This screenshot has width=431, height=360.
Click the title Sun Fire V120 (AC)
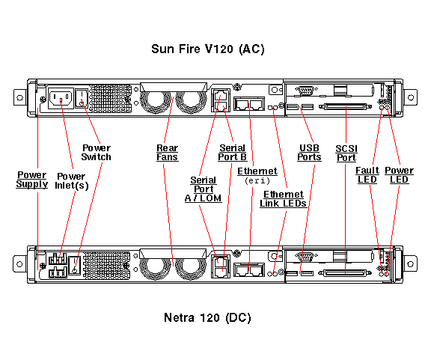point(208,49)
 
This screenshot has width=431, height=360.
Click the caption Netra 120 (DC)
point(207,317)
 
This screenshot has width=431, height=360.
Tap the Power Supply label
point(32,180)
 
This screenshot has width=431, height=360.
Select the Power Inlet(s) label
point(72,181)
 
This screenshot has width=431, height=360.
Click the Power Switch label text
point(97,153)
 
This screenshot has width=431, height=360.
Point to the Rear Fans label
point(167,153)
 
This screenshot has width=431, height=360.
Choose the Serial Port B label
point(232,153)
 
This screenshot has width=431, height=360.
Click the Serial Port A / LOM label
point(203,189)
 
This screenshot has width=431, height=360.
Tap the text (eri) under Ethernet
point(257,180)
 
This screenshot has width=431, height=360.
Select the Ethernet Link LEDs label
point(283,199)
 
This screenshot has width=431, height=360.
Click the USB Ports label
point(309,153)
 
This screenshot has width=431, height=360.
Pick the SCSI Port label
point(346,153)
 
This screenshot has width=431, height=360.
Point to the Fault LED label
point(367,175)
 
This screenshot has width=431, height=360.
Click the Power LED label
point(399,175)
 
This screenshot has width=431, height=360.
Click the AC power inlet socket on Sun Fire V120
point(61,98)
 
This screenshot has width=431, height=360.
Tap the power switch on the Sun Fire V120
point(82,98)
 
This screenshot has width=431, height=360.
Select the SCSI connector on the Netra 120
point(345,273)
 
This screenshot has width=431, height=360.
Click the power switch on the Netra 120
point(75,265)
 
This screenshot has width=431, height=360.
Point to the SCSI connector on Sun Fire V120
point(346,106)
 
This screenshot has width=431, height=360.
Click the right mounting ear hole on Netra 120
point(410,264)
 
